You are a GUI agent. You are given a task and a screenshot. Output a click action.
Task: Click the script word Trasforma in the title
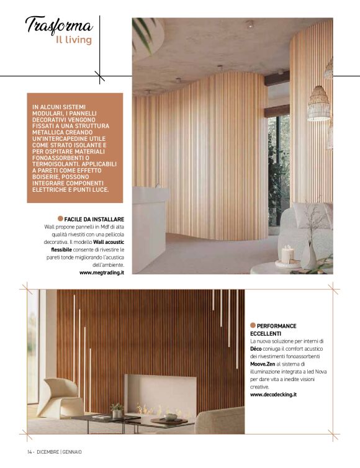(59, 25)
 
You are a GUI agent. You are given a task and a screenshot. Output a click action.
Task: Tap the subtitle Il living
(73, 41)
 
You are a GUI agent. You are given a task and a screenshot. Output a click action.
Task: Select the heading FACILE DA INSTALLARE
(94, 220)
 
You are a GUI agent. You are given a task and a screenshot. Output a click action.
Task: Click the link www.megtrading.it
(102, 272)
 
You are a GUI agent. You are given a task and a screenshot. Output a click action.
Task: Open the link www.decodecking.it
(273, 394)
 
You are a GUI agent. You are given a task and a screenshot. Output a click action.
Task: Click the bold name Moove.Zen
(262, 364)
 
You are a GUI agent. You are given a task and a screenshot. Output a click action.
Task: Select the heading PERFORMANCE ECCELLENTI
(273, 330)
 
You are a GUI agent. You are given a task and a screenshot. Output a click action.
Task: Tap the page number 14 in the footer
(30, 451)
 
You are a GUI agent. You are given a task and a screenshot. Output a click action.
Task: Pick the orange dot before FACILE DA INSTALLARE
(60, 219)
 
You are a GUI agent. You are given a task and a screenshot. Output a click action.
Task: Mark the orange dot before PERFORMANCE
(253, 325)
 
